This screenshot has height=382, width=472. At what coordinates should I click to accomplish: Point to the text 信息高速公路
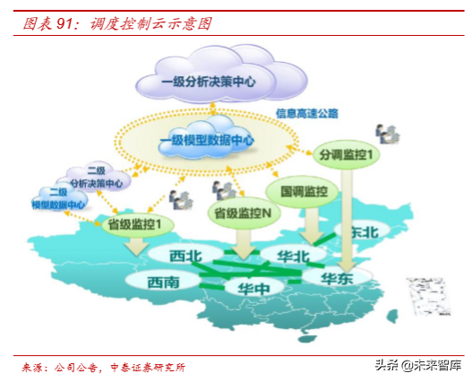[x=307, y=114]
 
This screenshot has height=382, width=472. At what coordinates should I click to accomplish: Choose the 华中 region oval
[x=255, y=289]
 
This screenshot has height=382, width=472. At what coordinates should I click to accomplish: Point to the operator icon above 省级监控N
[x=225, y=189]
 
